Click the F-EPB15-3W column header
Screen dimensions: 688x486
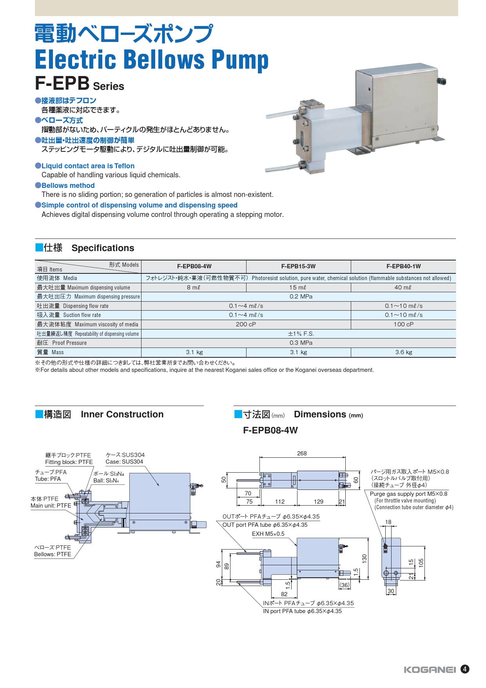point(298,266)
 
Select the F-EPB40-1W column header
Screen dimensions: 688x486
point(403,266)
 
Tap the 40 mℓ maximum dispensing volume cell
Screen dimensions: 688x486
point(403,288)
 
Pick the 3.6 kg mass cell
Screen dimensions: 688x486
point(403,352)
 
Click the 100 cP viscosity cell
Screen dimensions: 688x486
point(403,324)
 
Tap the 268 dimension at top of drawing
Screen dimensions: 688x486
point(302,453)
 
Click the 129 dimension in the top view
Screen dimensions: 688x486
point(319,502)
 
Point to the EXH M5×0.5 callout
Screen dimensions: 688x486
point(268,534)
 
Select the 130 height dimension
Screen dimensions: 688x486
point(364,558)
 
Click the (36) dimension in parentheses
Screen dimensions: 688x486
point(345,585)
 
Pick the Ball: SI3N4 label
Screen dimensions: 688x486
point(106,481)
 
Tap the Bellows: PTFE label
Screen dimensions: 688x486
point(53,554)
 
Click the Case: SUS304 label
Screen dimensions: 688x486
point(124,462)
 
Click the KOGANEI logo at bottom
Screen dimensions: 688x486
point(430,670)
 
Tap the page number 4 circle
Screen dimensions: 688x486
point(464,669)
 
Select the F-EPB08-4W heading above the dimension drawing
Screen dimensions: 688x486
point(270,430)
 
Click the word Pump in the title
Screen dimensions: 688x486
point(241,60)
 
